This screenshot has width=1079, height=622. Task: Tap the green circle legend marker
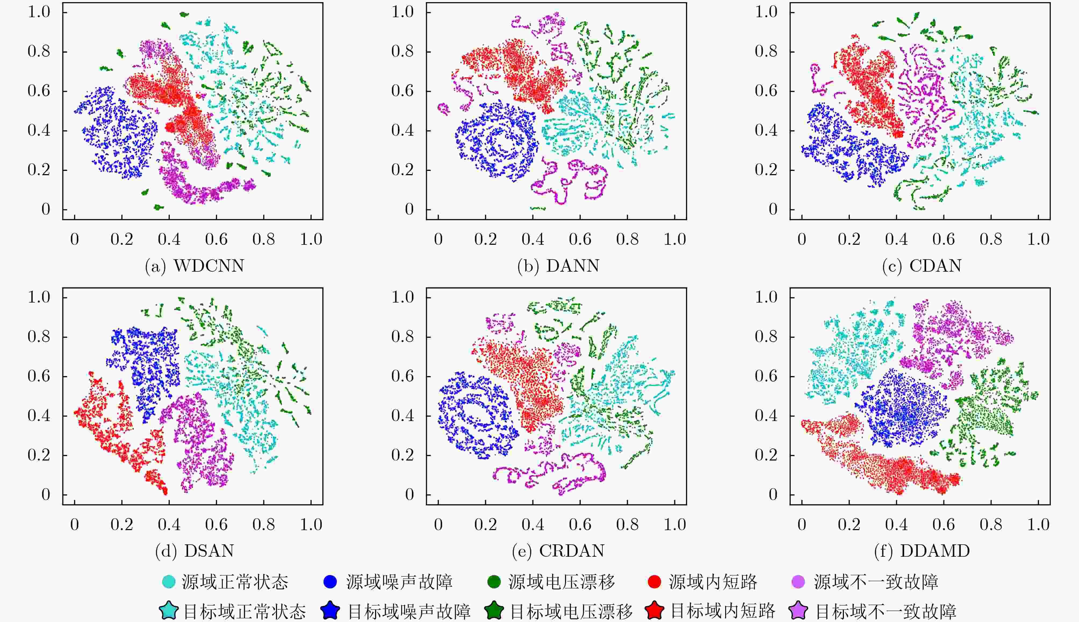pyautogui.click(x=494, y=582)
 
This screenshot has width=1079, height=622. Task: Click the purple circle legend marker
pyautogui.click(x=798, y=582)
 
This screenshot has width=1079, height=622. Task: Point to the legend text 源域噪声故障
pyautogui.click(x=400, y=582)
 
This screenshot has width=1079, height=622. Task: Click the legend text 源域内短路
pyautogui.click(x=713, y=582)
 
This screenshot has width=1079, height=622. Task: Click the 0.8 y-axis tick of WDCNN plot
pyautogui.click(x=39, y=51)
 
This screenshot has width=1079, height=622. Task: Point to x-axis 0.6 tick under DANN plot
pyautogui.click(x=580, y=239)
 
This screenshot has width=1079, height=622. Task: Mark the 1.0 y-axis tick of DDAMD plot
pyautogui.click(x=766, y=297)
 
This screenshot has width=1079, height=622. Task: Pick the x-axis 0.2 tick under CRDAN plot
pyautogui.click(x=486, y=524)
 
